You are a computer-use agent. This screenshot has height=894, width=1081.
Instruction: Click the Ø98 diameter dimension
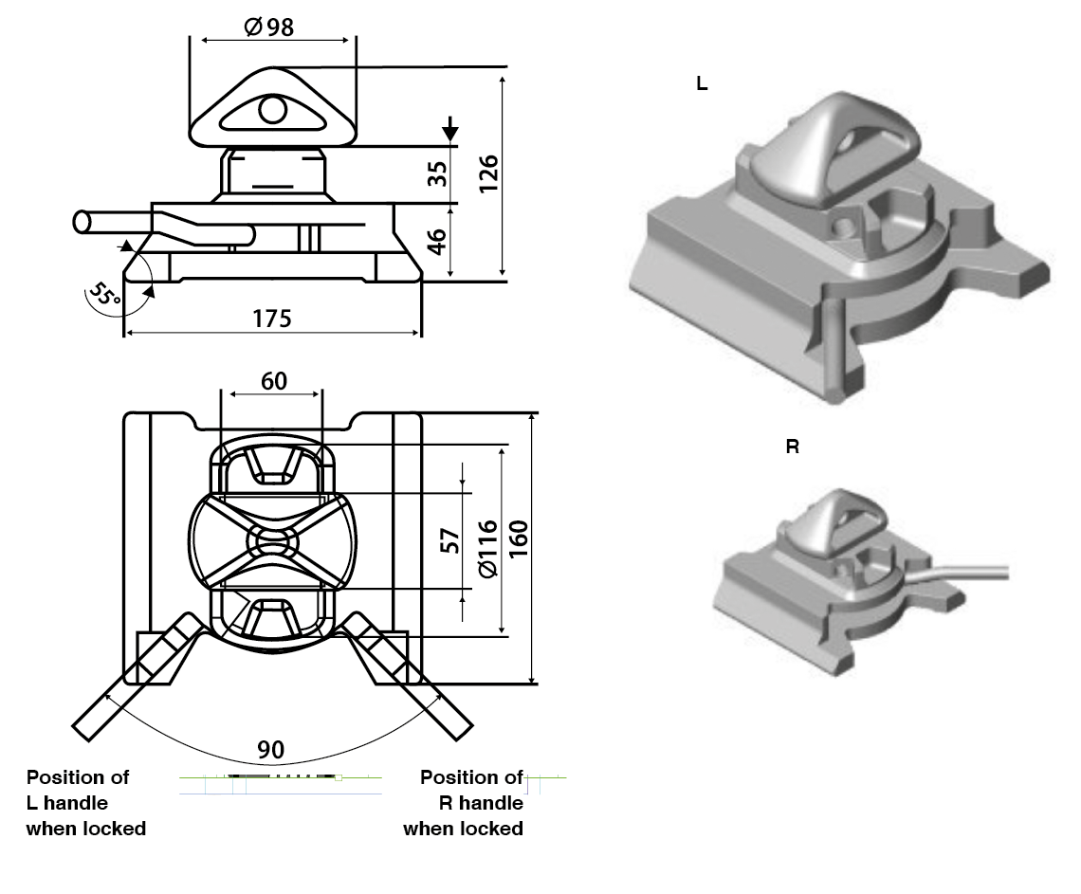pos(269,27)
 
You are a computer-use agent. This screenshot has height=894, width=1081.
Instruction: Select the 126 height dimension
pos(489,173)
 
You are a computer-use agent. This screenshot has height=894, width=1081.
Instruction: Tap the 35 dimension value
pos(437,174)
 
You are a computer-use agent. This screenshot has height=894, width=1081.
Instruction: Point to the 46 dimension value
pos(437,242)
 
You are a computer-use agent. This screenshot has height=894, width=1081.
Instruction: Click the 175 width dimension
pos(271,318)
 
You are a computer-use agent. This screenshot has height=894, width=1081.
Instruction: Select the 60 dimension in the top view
pos(273,381)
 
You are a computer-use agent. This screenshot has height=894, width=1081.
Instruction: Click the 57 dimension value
pos(451,540)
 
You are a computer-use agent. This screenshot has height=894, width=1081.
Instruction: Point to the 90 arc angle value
pos(271,750)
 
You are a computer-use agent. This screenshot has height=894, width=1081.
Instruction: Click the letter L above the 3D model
pos(702,83)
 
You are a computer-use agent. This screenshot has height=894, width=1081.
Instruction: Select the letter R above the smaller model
pos(793,447)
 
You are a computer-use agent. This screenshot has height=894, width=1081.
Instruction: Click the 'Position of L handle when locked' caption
pos(85,803)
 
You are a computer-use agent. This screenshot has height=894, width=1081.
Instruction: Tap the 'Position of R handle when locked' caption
pos(465,803)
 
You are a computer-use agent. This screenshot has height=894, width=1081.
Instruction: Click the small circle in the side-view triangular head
pos(272,111)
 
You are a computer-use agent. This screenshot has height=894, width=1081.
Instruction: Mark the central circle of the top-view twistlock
pos(273,542)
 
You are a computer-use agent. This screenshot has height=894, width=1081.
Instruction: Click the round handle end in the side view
pos(82,223)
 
